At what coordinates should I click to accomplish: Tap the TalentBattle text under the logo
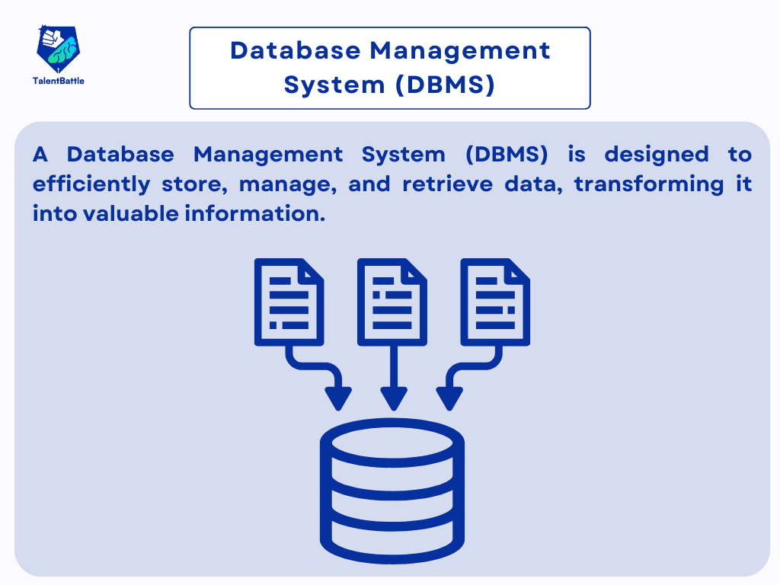58,81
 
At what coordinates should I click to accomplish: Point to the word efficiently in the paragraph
91,184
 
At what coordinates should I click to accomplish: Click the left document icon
289,302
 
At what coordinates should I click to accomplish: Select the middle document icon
392,302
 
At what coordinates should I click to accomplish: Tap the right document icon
496,302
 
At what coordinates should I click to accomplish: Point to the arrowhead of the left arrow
337,398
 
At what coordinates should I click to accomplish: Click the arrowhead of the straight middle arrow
393,398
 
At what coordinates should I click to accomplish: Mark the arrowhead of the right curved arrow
449,398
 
